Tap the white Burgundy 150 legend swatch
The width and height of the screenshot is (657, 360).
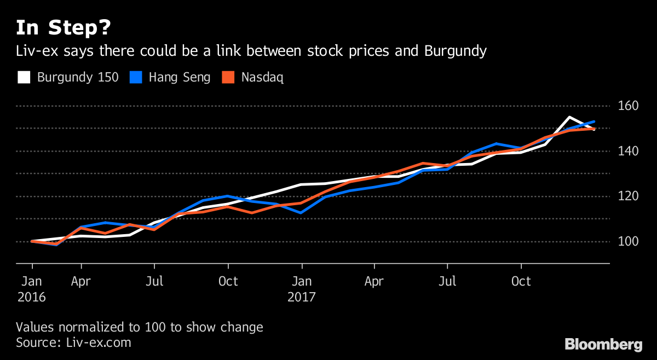pyautogui.click(x=24, y=77)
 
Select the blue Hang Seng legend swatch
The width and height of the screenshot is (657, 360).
pyautogui.click(x=135, y=77)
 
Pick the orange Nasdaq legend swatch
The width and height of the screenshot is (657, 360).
pyautogui.click(x=228, y=77)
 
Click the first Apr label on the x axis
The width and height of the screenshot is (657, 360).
pyautogui.click(x=81, y=282)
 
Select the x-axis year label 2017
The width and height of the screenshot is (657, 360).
pyautogui.click(x=301, y=298)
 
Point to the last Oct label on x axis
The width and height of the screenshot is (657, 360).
pyautogui.click(x=521, y=282)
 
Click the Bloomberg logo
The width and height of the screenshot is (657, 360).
pyautogui.click(x=603, y=345)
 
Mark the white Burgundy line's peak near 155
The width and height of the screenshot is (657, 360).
pyautogui.click(x=569, y=117)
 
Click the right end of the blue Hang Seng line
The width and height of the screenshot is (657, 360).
pyautogui.click(x=595, y=121)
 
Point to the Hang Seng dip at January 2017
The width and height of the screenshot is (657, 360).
pyautogui.click(x=301, y=212)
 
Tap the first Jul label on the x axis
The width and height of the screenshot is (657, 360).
pyautogui.click(x=155, y=282)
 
